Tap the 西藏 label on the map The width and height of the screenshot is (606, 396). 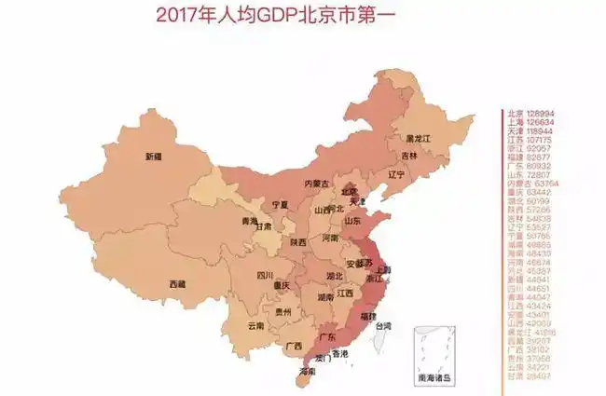click(x=177, y=282)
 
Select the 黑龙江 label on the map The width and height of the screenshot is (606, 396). click(x=419, y=138)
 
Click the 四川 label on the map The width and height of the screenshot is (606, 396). click(x=265, y=275)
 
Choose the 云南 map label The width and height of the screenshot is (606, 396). click(x=255, y=326)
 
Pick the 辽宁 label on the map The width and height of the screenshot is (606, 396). click(x=395, y=174)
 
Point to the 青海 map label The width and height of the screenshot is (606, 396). click(x=249, y=221)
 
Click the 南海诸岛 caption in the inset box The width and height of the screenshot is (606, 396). click(x=438, y=376)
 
